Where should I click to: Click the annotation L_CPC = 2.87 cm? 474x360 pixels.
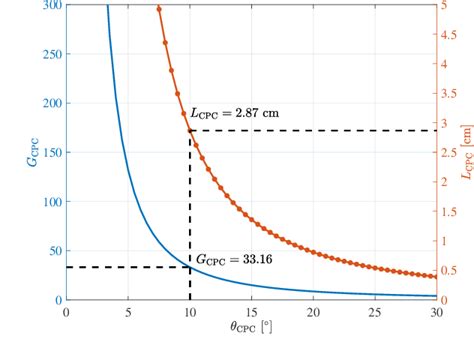pos(234,114)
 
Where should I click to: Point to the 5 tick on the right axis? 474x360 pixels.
pos(445,6)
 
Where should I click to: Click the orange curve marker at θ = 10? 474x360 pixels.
pos(190,131)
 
